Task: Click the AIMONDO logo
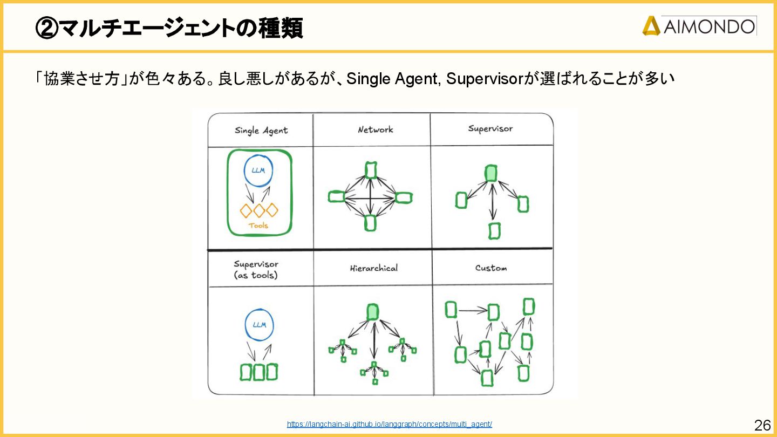click(699, 26)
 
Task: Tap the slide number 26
click(762, 425)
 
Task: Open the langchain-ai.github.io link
click(389, 424)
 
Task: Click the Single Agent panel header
click(261, 131)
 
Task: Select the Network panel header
click(376, 129)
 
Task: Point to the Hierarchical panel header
click(373, 268)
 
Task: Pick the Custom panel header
click(491, 268)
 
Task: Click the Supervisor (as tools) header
click(256, 269)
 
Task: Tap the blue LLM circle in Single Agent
click(258, 170)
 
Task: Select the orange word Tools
click(258, 226)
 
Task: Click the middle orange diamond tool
click(259, 210)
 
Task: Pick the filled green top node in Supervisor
click(490, 173)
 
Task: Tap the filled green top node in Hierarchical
click(372, 312)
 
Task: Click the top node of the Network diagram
click(370, 170)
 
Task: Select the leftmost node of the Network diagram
click(336, 197)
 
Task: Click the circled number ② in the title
click(46, 27)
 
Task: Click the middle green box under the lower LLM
click(259, 372)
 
